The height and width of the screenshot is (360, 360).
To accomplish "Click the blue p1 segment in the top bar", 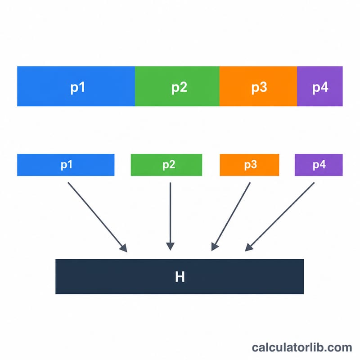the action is tap(76, 86).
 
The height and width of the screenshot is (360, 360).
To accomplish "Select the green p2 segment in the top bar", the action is tap(177, 86).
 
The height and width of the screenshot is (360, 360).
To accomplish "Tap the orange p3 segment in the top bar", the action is tap(258, 86).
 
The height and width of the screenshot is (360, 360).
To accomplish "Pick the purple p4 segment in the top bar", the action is tap(320, 86).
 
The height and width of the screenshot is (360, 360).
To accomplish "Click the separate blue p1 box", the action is tap(66, 165).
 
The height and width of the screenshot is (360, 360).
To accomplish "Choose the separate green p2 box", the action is tap(166, 165).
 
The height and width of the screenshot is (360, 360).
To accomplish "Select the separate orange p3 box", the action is tap(249, 165).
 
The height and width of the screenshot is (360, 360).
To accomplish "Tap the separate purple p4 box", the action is tap(319, 165).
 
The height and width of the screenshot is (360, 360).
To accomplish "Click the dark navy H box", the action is tap(180, 276).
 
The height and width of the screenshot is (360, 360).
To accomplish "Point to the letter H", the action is tap(180, 277).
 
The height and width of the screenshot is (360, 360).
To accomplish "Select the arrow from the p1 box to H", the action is tap(98, 217).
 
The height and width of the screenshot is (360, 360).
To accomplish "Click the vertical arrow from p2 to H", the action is tap(171, 216).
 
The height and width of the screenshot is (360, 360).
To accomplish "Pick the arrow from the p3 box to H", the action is tap(231, 216).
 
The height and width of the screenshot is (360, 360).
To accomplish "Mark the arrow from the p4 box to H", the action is tap(279, 217).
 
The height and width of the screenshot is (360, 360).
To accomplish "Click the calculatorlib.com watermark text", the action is tap(302, 347).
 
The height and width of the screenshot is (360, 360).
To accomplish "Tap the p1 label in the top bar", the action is tap(77, 87).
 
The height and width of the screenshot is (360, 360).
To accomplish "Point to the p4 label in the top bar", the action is tap(320, 87).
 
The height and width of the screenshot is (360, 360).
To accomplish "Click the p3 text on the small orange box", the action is tap(251, 165).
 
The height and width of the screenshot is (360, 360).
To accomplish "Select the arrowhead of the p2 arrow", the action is tap(171, 246).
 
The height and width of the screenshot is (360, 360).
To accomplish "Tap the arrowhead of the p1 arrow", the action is tap(123, 248).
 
